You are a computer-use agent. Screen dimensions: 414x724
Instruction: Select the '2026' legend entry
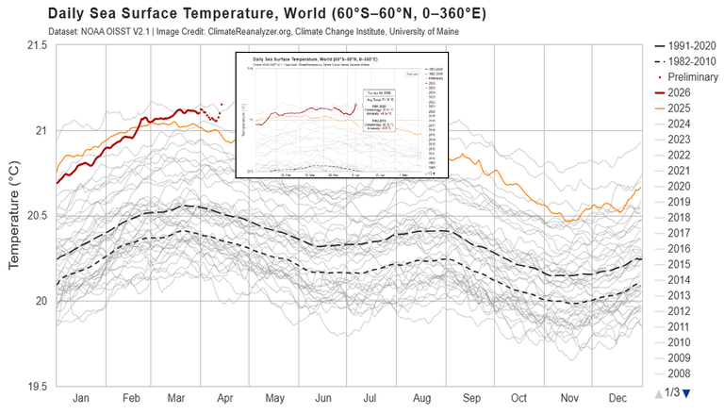tap(683, 93)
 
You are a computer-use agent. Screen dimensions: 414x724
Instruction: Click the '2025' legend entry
tap(683, 108)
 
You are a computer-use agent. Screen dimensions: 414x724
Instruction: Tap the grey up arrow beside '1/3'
tap(659, 391)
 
